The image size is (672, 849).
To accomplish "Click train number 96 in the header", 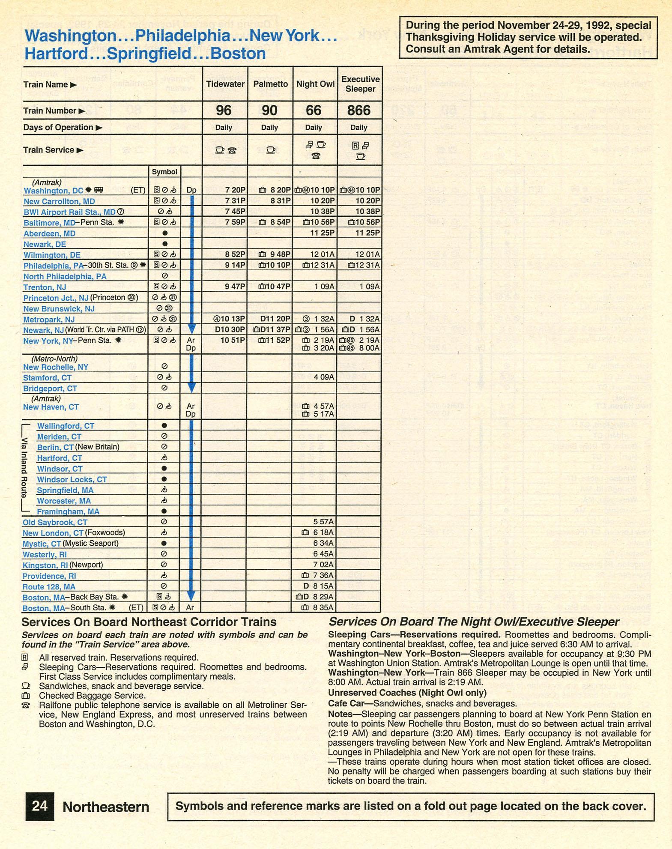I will pyautogui.click(x=224, y=111).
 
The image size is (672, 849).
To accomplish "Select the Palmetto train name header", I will pyautogui.click(x=270, y=84).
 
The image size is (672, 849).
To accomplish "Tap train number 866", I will pyautogui.click(x=358, y=111).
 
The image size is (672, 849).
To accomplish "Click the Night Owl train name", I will pyautogui.click(x=315, y=84).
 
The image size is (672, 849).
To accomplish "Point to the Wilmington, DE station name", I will pyautogui.click(x=52, y=255).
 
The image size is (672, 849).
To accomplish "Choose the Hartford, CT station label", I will pyautogui.click(x=60, y=458).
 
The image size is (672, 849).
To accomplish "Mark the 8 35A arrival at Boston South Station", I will pyautogui.click(x=323, y=607).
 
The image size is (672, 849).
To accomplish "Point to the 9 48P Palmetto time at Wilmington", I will pyautogui.click(x=280, y=254).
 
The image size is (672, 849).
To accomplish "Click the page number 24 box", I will pyautogui.click(x=39, y=806).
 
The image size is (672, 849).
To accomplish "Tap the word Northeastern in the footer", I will pyautogui.click(x=106, y=807).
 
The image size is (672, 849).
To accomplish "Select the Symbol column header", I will pyautogui.click(x=164, y=172).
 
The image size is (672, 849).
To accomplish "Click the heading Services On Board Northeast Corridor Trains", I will pyautogui.click(x=149, y=622).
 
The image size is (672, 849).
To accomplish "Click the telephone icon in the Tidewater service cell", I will pyautogui.click(x=232, y=150).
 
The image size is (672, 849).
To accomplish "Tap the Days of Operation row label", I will pyautogui.click(x=59, y=128).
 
